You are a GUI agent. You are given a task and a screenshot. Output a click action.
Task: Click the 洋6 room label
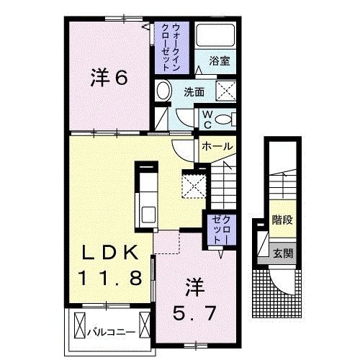109,78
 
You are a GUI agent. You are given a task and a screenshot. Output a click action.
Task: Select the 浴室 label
219,62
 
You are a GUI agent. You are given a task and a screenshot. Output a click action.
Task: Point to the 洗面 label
194,92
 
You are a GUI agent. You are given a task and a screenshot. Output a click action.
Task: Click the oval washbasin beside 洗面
163,92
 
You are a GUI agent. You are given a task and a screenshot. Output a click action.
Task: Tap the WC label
205,118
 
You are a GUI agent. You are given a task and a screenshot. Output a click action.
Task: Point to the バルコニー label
109,333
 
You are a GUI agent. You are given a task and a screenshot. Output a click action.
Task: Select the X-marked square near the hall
194,184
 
